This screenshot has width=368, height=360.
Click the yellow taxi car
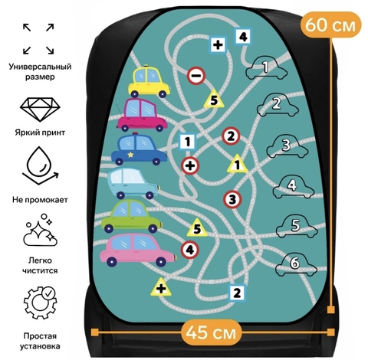pyautogui.click(x=149, y=81)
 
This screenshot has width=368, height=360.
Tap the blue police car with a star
pyautogui.click(x=140, y=149)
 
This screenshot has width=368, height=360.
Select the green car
pyautogui.click(x=132, y=216)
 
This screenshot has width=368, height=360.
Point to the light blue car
pyautogui.click(x=133, y=183)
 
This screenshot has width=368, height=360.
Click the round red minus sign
pyautogui.click(x=196, y=76)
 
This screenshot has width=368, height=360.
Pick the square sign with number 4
pyautogui.click(x=243, y=37)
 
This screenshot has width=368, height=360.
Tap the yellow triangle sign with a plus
pyautogui.click(x=161, y=288)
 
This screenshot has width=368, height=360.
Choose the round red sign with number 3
pyautogui.click(x=232, y=199)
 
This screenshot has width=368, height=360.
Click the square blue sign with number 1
pyautogui.click(x=188, y=142)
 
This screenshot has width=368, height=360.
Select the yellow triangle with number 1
pyautogui.click(x=238, y=165)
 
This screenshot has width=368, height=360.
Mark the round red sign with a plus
pyautogui.click(x=190, y=166)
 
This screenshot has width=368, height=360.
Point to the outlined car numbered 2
pyautogui.click(x=278, y=106)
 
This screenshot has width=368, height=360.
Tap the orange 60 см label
pyautogui.click(x=330, y=25)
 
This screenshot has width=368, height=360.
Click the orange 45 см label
pyautogui.click(x=211, y=332)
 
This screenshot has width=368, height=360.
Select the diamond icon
pyautogui.click(x=40, y=109)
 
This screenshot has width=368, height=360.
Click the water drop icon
pyautogui.click(x=40, y=166)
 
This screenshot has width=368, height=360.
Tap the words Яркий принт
pyautogui.click(x=40, y=133)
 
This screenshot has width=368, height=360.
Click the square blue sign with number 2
pyautogui.click(x=237, y=293)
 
